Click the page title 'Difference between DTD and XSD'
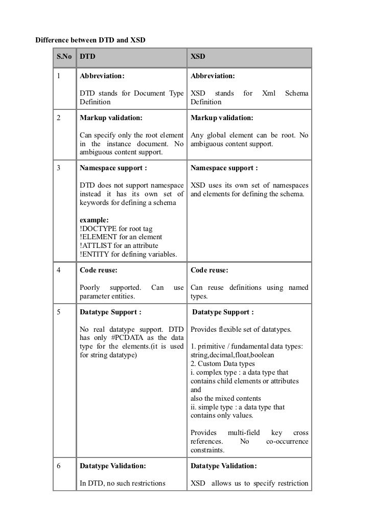[90, 39]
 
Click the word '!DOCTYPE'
[97, 228]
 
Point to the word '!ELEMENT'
[97, 237]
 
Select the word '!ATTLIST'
[96, 246]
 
